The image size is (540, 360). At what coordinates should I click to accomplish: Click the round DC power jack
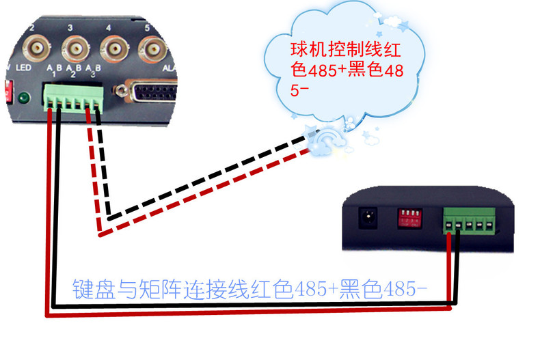click(x=368, y=219)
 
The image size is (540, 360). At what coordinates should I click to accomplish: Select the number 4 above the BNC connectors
click(x=109, y=28)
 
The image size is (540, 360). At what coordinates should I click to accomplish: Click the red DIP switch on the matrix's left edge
click(x=9, y=91)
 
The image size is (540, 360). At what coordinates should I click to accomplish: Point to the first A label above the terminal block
click(x=50, y=68)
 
